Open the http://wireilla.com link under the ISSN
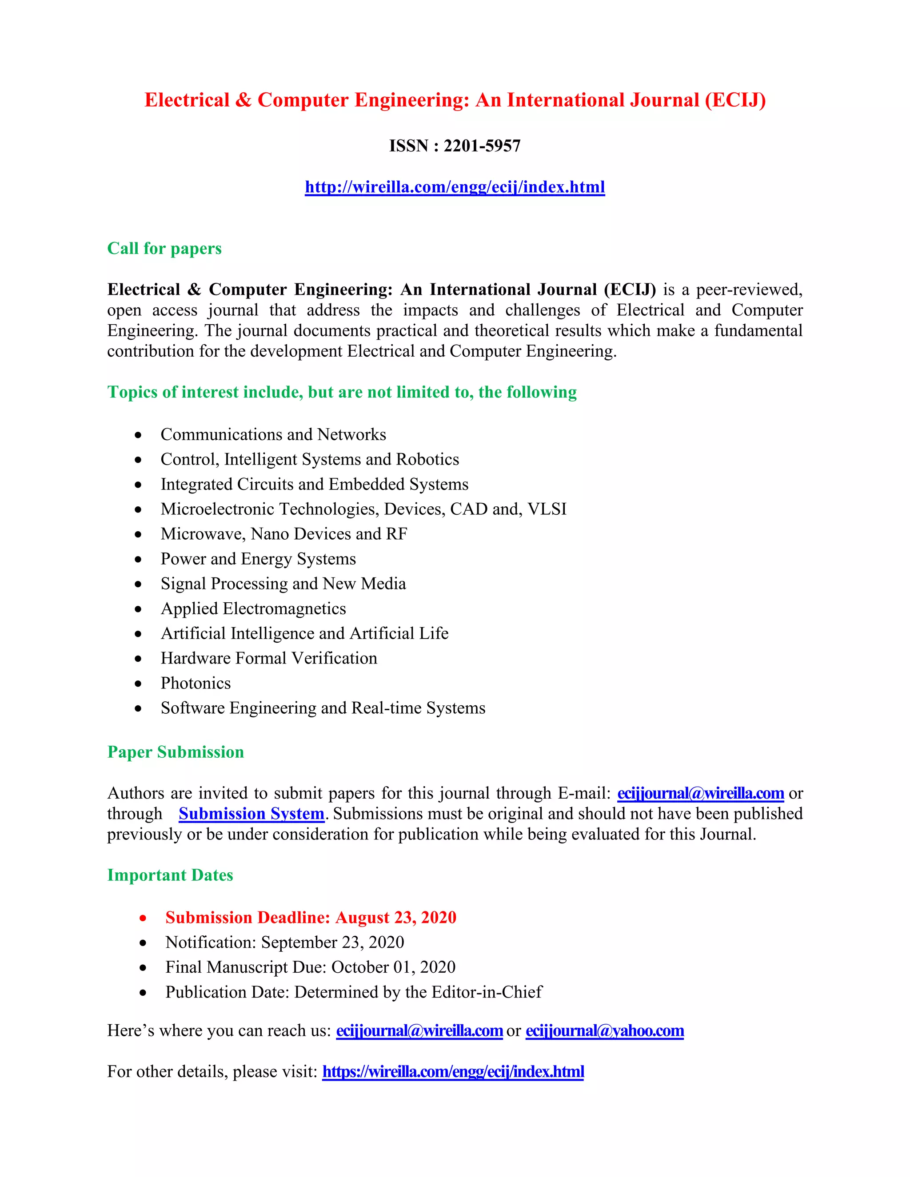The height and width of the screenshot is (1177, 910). coord(455,187)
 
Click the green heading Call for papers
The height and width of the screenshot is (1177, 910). coord(164,248)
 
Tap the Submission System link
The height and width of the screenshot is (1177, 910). coord(251,814)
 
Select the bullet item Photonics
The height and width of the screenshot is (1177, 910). coord(196,684)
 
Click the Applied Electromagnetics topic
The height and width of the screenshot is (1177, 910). coord(253,608)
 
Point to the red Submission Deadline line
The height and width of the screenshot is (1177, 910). coord(311,918)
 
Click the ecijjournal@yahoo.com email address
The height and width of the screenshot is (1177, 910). coord(604,1031)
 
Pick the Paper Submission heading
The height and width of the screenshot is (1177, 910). coord(176,752)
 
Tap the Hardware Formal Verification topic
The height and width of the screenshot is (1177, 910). coord(269,659)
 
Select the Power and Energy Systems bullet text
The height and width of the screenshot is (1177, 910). coord(258,559)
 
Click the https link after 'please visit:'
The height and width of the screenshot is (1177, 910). coord(453,1072)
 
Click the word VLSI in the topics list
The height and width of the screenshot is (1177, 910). coord(547,509)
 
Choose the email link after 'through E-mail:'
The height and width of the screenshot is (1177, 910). coord(700,793)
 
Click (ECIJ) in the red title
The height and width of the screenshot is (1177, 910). coord(735,100)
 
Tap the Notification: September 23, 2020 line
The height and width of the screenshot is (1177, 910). coord(285,942)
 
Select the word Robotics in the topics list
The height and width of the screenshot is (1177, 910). coord(427,460)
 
